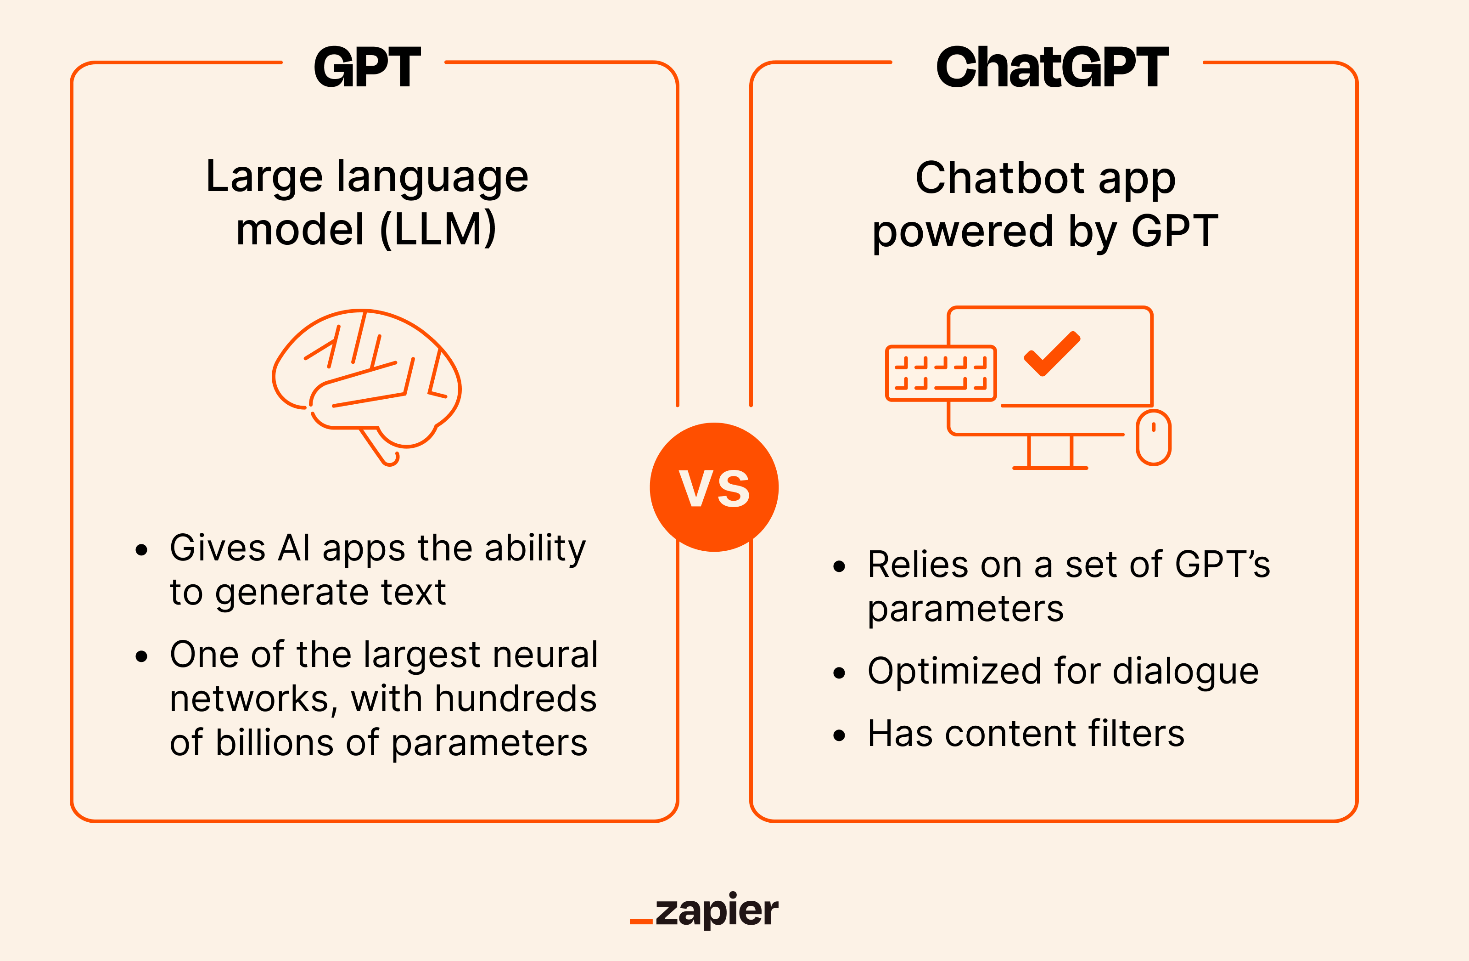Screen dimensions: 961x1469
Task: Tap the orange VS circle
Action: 714,487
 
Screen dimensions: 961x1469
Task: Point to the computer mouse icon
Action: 1154,437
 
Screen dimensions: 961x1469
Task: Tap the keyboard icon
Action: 941,373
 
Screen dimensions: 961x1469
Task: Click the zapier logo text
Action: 716,910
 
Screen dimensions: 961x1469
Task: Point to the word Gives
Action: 218,548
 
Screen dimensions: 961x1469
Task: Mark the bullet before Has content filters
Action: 839,735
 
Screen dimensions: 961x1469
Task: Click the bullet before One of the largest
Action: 141,656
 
